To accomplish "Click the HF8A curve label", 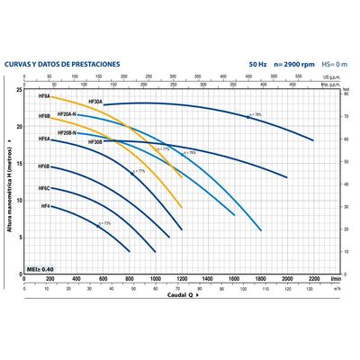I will point(43,94).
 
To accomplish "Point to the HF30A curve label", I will point(94,102).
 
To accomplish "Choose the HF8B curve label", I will point(43,117).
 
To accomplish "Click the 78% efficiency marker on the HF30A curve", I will point(254,115).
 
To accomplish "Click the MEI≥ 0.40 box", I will point(42,269).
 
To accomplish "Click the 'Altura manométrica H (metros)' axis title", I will point(9,180).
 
